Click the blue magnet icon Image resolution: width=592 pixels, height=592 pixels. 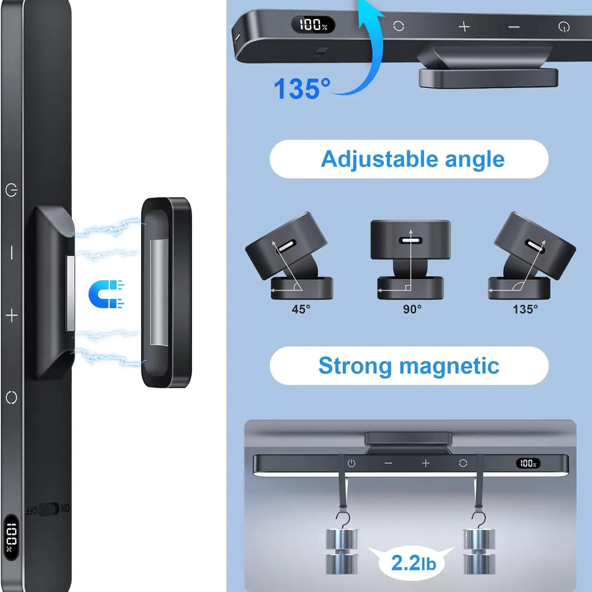[106, 294]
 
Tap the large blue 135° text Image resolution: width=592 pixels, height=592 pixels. [302, 89]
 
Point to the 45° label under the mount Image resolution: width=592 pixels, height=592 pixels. [301, 309]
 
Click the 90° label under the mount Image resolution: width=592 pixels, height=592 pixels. [412, 309]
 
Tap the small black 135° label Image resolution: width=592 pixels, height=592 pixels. [525, 309]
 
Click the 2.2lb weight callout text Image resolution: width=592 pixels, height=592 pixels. [413, 563]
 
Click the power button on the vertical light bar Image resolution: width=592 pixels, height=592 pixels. [11, 190]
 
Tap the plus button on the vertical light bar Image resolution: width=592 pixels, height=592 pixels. [12, 316]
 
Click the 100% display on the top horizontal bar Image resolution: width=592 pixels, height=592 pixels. [313, 25]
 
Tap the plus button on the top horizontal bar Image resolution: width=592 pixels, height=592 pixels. [464, 27]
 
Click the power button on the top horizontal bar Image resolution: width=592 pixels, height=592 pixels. [564, 27]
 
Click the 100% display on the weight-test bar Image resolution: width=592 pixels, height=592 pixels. [528, 463]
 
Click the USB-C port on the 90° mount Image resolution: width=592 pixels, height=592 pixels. [410, 240]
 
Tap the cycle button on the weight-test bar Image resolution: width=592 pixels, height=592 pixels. [463, 463]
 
